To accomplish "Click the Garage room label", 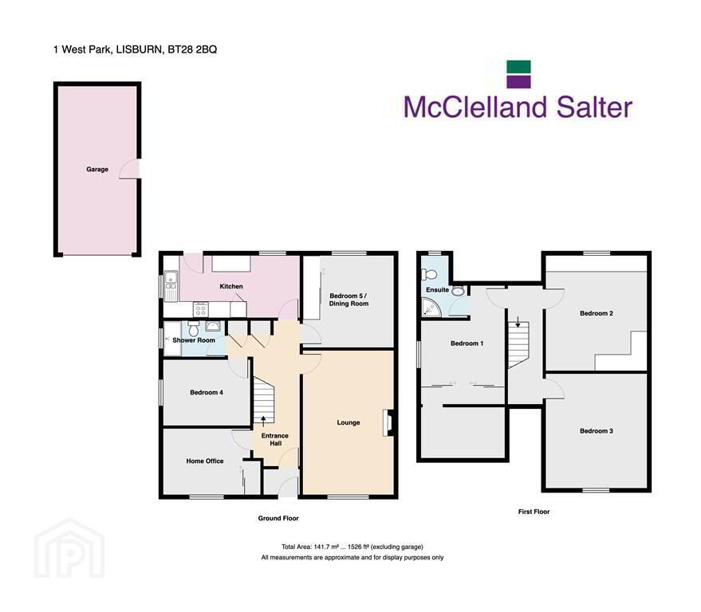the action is (x=97, y=169).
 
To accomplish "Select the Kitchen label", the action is (x=231, y=286).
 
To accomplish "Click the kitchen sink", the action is (x=171, y=285).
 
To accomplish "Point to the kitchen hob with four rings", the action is (x=200, y=309).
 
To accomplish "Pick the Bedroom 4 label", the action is (x=206, y=393).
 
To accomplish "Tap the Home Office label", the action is (x=205, y=461).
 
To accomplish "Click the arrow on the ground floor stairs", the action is (x=263, y=421).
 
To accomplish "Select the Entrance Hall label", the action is (x=275, y=440).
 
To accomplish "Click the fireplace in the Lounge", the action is (x=387, y=422).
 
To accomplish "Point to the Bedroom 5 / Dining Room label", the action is (x=349, y=300).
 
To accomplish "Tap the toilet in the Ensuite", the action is (x=431, y=274).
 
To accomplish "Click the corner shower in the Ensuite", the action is (x=431, y=308).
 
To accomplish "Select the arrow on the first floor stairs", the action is (x=518, y=322).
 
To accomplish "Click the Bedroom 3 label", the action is (x=597, y=431).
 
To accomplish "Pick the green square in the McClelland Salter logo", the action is (x=518, y=67).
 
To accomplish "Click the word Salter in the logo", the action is (x=595, y=108).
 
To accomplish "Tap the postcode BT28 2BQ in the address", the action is (x=192, y=49).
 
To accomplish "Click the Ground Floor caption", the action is (x=278, y=518).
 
